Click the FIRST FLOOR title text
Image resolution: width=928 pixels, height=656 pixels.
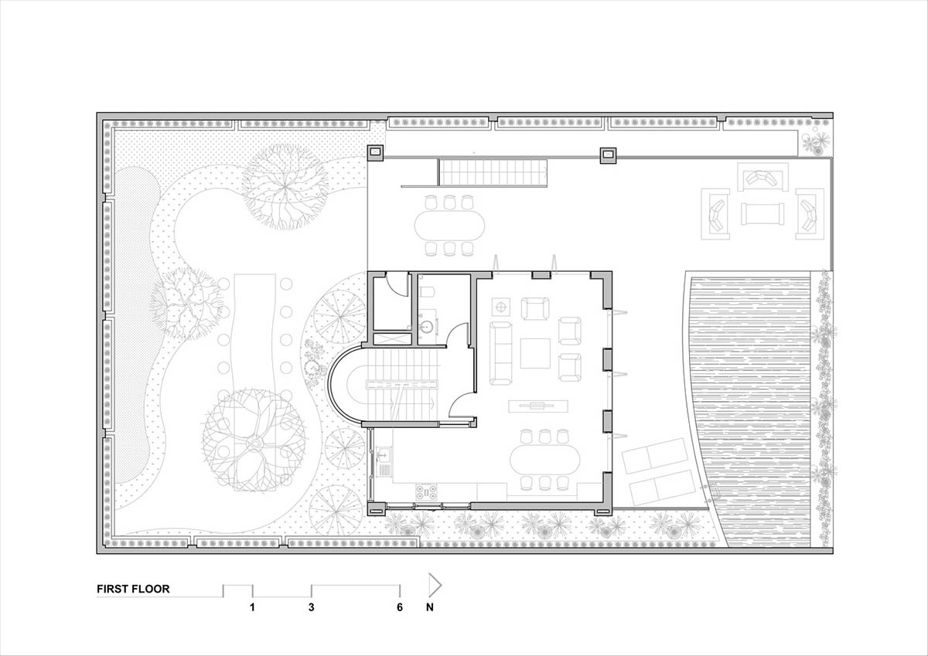click(133, 589)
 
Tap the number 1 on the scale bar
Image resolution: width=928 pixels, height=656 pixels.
click(252, 607)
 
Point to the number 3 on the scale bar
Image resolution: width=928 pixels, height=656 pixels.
click(311, 607)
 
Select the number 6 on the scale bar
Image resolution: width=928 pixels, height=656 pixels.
click(399, 607)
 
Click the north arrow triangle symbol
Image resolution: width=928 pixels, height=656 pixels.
click(435, 585)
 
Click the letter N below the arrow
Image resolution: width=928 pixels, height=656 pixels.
click(430, 607)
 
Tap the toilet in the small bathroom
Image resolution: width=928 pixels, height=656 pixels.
click(426, 291)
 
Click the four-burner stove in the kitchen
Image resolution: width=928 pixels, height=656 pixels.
click(426, 492)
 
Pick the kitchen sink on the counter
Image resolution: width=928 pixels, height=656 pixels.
click(384, 455)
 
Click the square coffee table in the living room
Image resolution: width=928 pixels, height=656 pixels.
click(535, 353)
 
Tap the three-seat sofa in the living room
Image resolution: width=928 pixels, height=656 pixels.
click(501, 353)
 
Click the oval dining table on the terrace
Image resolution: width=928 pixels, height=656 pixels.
click(449, 225)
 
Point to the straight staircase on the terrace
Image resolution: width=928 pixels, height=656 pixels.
click(493, 172)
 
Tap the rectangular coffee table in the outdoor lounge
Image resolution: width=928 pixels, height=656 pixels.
click(763, 214)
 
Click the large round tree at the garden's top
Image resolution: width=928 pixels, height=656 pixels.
click(285, 186)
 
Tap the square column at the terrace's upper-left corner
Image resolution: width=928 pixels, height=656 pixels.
click(376, 152)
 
